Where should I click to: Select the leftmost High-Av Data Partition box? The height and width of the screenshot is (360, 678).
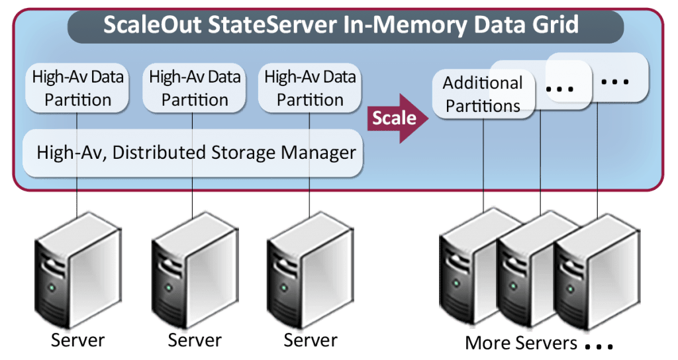click(77, 89)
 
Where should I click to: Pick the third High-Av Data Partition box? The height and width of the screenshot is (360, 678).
click(310, 89)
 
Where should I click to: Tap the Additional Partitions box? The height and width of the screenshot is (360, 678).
click(483, 95)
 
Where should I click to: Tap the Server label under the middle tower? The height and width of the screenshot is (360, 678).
click(194, 341)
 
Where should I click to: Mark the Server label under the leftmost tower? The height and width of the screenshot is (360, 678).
click(77, 341)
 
